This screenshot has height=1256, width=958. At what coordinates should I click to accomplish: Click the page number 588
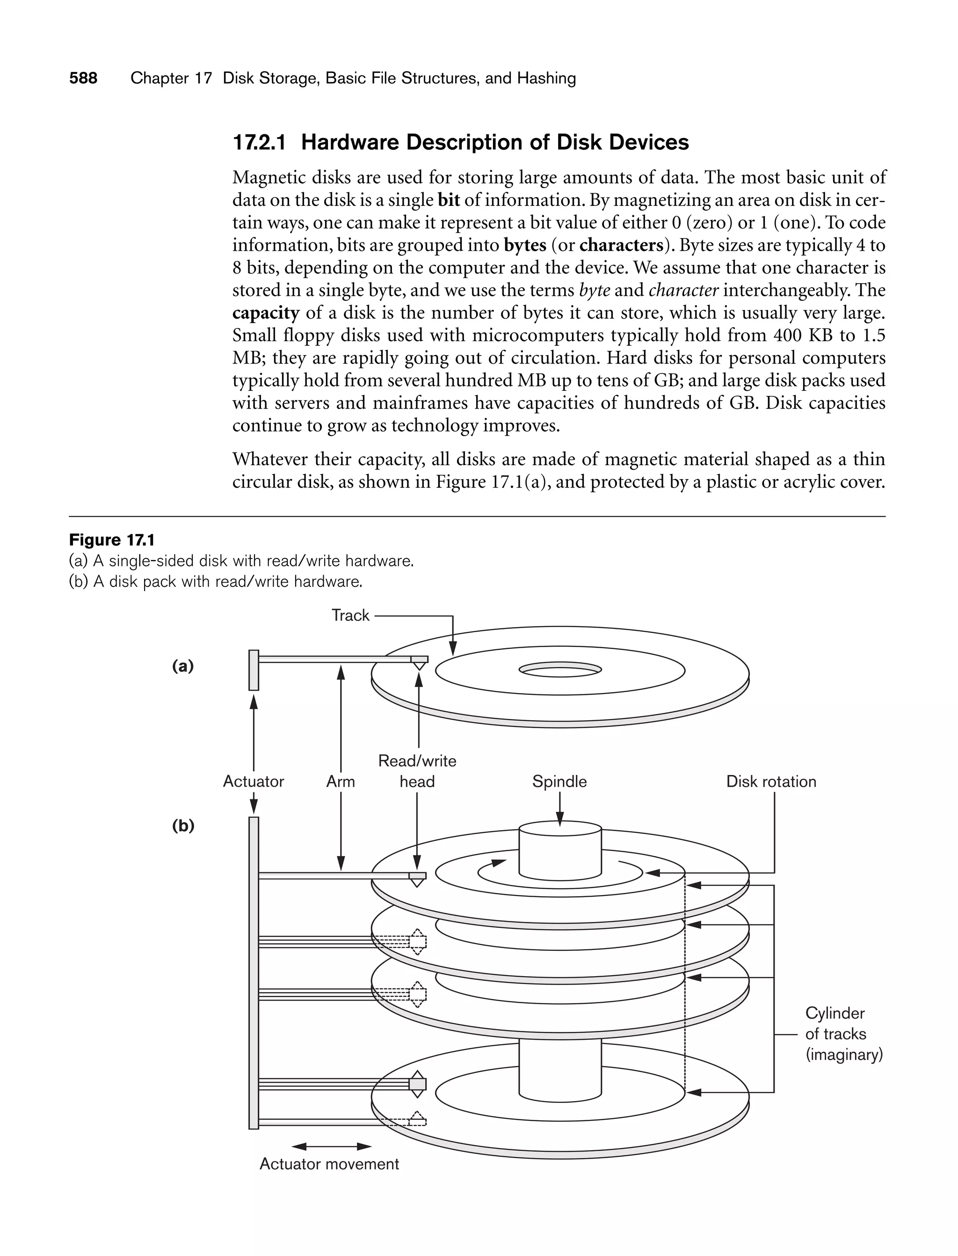(83, 78)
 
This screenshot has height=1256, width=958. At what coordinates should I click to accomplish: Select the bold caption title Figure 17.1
(112, 540)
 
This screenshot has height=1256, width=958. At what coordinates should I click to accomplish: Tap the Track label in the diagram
(350, 615)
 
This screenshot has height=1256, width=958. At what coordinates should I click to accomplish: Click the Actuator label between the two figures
(253, 781)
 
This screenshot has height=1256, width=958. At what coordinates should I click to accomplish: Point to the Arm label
(341, 781)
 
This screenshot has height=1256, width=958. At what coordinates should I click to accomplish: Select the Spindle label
(559, 781)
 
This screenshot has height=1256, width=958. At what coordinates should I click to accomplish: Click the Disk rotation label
(771, 781)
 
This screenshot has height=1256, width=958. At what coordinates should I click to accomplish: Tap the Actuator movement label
(329, 1164)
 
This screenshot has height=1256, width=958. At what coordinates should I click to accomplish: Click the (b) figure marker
(183, 825)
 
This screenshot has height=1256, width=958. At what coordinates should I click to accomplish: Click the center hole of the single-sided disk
(560, 670)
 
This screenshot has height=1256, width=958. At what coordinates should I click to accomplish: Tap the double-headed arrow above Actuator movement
(331, 1146)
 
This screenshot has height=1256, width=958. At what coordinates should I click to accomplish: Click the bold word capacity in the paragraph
(266, 313)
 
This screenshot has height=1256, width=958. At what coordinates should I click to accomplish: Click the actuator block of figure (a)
(254, 670)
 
